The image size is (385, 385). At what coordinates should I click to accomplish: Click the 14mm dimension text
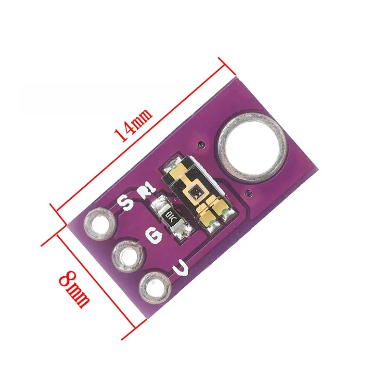coord(133,124)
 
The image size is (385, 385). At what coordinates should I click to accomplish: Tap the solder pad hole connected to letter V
coord(154,288)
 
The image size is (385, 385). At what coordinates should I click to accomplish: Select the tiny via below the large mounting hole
coord(248,194)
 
